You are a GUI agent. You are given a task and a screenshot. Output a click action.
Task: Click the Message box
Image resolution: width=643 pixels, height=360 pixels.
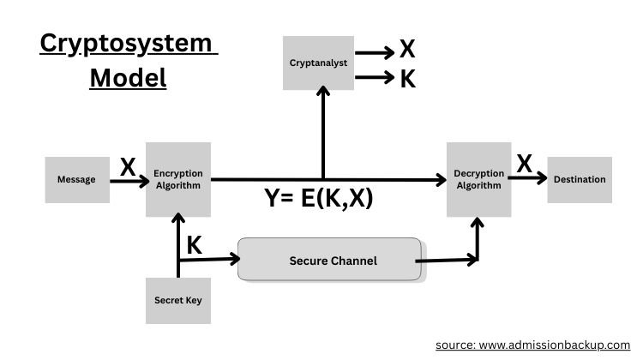click(77, 180)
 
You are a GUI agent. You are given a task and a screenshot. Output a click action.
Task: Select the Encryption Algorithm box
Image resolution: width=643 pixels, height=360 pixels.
click(178, 179)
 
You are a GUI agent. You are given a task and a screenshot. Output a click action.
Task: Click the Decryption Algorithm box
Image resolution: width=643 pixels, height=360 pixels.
click(479, 179)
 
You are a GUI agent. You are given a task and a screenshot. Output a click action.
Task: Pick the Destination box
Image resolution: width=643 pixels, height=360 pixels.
click(580, 179)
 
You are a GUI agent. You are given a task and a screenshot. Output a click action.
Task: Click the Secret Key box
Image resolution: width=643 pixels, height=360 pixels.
click(178, 300)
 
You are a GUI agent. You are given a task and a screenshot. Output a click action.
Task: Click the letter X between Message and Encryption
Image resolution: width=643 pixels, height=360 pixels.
click(128, 166)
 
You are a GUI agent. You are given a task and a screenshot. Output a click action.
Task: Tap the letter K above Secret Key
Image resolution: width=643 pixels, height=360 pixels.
click(195, 245)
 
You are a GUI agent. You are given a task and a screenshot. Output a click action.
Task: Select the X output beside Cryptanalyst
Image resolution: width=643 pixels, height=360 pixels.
click(408, 51)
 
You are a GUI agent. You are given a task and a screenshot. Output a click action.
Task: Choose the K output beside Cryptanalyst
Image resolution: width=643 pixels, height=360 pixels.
click(408, 81)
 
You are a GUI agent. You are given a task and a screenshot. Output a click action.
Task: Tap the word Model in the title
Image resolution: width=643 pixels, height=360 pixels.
click(128, 77)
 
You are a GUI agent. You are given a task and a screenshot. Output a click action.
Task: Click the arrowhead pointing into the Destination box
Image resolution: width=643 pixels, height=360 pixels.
click(541, 179)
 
